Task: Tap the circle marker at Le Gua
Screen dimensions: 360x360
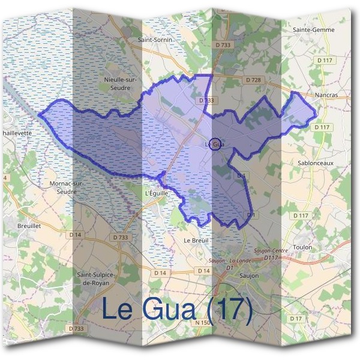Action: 217,143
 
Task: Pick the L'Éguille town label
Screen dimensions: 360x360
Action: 157,194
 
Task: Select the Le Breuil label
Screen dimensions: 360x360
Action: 194,240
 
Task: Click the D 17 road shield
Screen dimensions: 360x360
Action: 296,319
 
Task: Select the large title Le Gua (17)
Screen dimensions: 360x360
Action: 177,308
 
